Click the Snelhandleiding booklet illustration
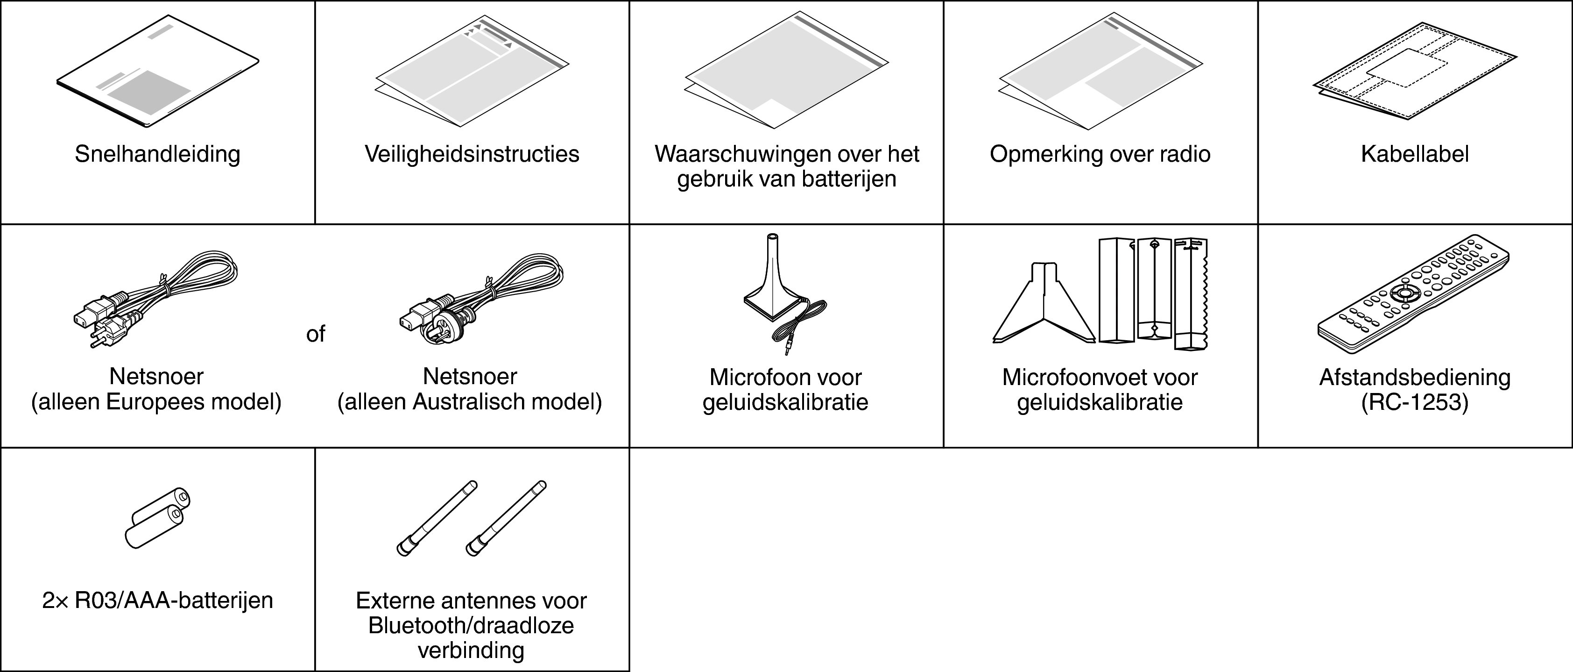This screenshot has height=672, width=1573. click(x=157, y=72)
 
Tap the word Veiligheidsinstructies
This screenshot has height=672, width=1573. click(x=472, y=154)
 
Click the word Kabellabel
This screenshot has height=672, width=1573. click(x=1414, y=154)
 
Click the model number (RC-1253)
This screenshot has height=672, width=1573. click(x=1414, y=402)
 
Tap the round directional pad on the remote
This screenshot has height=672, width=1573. click(x=1405, y=293)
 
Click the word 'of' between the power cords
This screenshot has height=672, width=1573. click(x=316, y=334)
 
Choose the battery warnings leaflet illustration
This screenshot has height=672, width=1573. click(x=786, y=70)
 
